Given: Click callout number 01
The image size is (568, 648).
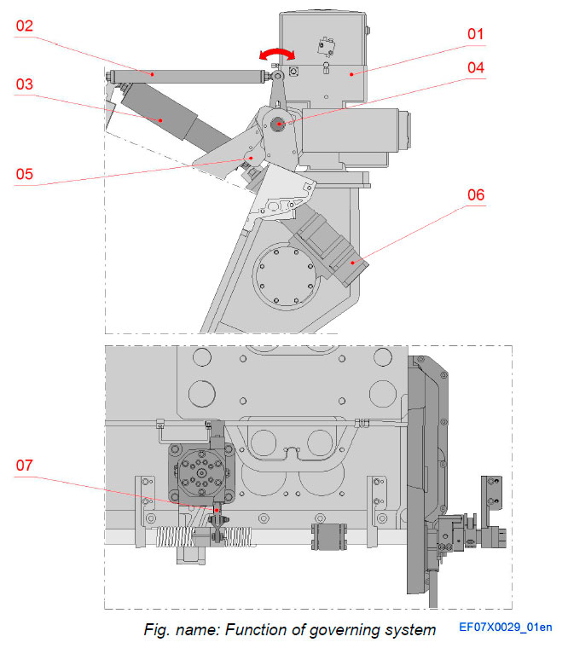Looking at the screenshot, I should pyautogui.click(x=475, y=35).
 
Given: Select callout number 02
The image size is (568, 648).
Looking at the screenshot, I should pyautogui.click(x=24, y=26).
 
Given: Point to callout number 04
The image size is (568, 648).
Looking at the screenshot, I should pyautogui.click(x=475, y=66).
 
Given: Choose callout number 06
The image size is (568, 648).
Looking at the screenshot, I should pyautogui.click(x=475, y=195).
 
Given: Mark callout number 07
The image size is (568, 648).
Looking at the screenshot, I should pyautogui.click(x=24, y=466).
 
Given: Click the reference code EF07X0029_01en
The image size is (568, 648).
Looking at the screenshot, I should pyautogui.click(x=506, y=628).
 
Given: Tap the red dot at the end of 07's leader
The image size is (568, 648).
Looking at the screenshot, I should pyautogui.click(x=217, y=509).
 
